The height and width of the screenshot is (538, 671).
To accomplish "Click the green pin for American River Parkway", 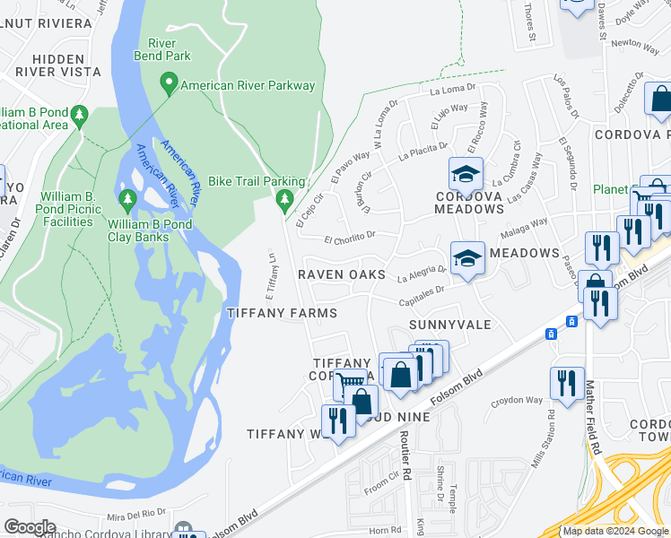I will pos(168,85).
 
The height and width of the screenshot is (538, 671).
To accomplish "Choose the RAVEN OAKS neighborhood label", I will pos(342,274).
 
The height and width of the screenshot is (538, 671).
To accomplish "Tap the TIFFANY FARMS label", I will pos(282,313).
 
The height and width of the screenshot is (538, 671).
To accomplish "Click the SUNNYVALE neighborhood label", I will pos(450,324).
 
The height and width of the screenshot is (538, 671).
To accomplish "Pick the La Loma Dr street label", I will pos(451,91).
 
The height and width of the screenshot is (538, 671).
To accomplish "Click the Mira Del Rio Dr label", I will pos(137,514).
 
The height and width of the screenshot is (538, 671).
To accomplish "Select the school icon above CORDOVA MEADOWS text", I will pos(466,173).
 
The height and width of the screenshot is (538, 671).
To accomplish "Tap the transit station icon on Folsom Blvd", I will pos(550,334).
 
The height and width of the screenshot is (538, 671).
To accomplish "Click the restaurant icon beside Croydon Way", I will pos(567,383).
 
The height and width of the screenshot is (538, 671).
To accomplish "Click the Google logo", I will pos(30,527).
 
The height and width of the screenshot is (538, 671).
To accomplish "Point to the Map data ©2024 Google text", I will pos(615,531).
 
